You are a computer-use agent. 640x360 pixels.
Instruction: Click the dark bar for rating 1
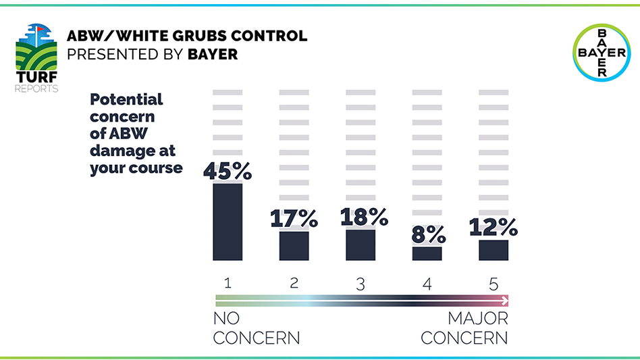pos(228,222)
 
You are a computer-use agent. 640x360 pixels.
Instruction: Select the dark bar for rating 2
pos(294,246)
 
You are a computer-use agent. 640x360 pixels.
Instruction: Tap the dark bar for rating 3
pos(361,245)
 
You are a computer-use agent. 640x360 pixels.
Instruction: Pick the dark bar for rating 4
pos(427,253)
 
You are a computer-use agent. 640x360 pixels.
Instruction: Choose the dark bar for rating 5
pos(493,250)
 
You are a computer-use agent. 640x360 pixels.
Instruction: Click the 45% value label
pos(228,171)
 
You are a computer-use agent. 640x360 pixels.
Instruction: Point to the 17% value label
pos(294,218)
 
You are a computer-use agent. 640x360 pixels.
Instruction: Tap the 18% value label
pos(364,216)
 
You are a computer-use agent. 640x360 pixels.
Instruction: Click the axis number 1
pos(228,284)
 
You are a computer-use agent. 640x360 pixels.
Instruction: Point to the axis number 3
pos(361,284)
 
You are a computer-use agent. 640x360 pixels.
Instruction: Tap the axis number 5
pos(493,284)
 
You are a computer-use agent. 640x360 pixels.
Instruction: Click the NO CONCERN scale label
pos(256,328)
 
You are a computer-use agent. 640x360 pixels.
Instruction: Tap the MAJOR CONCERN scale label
pos(464,328)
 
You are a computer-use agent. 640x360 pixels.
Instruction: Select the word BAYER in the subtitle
pos(213,54)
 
